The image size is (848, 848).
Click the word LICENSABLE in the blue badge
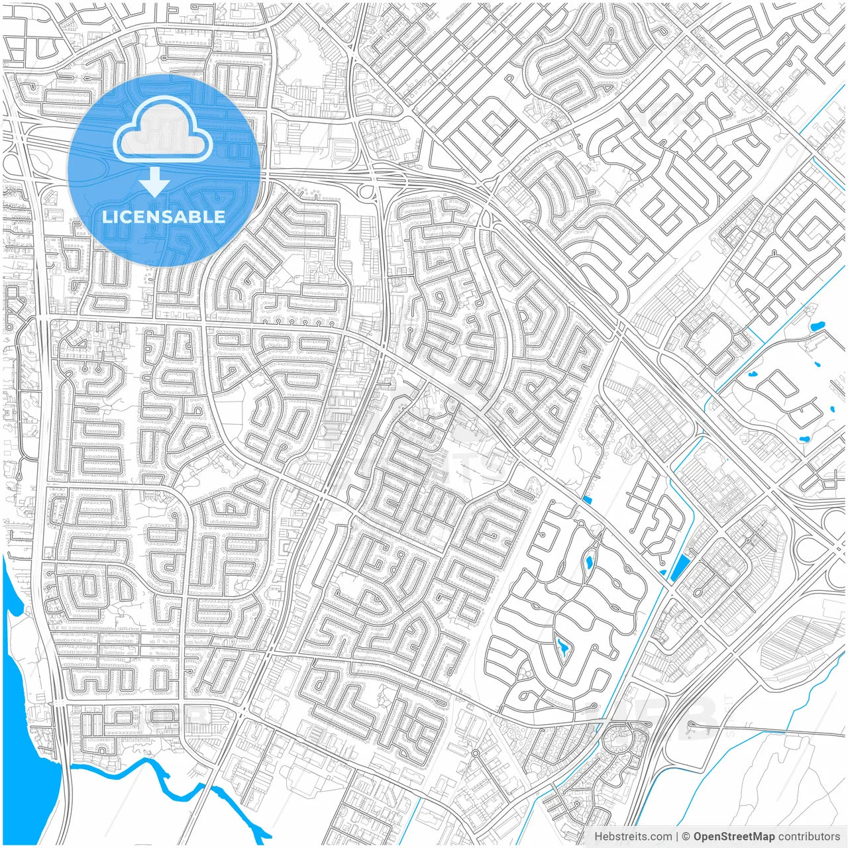164,217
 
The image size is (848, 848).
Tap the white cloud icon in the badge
163,130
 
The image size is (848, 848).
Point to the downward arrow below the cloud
154,182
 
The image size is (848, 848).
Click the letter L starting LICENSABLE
106,217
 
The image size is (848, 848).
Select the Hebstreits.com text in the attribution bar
633,837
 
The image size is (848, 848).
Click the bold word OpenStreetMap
734,837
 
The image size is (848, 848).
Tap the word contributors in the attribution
809,837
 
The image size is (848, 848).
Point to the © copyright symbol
686,837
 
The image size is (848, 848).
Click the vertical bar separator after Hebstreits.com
677,837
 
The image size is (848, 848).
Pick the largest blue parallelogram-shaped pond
680,568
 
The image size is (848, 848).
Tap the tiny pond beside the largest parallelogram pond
663,572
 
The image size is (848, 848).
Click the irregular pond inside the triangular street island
563,646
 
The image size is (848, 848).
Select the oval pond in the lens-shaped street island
589,564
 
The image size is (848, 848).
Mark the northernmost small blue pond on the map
816,325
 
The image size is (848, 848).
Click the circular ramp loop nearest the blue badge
364,191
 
